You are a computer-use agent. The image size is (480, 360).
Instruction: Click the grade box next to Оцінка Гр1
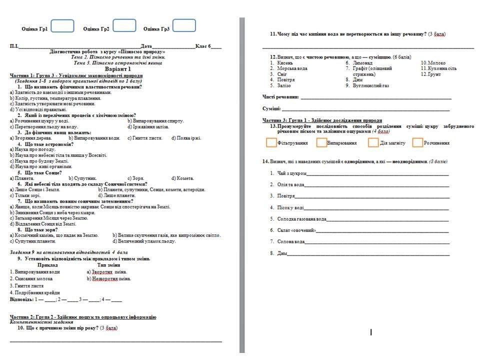pyautogui.click(x=62, y=26)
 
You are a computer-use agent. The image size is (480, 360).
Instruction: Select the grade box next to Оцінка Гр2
pyautogui.click(x=124, y=26)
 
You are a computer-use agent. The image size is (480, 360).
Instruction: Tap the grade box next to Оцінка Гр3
pyautogui.click(x=184, y=26)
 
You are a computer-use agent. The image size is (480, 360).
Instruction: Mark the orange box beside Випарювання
pyautogui.click(x=321, y=143)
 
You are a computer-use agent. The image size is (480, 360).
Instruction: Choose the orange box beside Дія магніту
pyautogui.click(x=373, y=143)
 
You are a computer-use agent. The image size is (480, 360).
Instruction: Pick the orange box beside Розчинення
pyautogui.click(x=418, y=143)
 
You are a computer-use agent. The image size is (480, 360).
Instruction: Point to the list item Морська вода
pyautogui.click(x=292, y=68)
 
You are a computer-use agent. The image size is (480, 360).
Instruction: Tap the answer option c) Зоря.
pyautogui.click(x=136, y=178)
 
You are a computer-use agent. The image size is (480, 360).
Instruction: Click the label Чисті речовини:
pyautogui.click(x=281, y=96)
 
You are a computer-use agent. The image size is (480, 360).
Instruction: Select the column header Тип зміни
pyautogui.click(x=108, y=265)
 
